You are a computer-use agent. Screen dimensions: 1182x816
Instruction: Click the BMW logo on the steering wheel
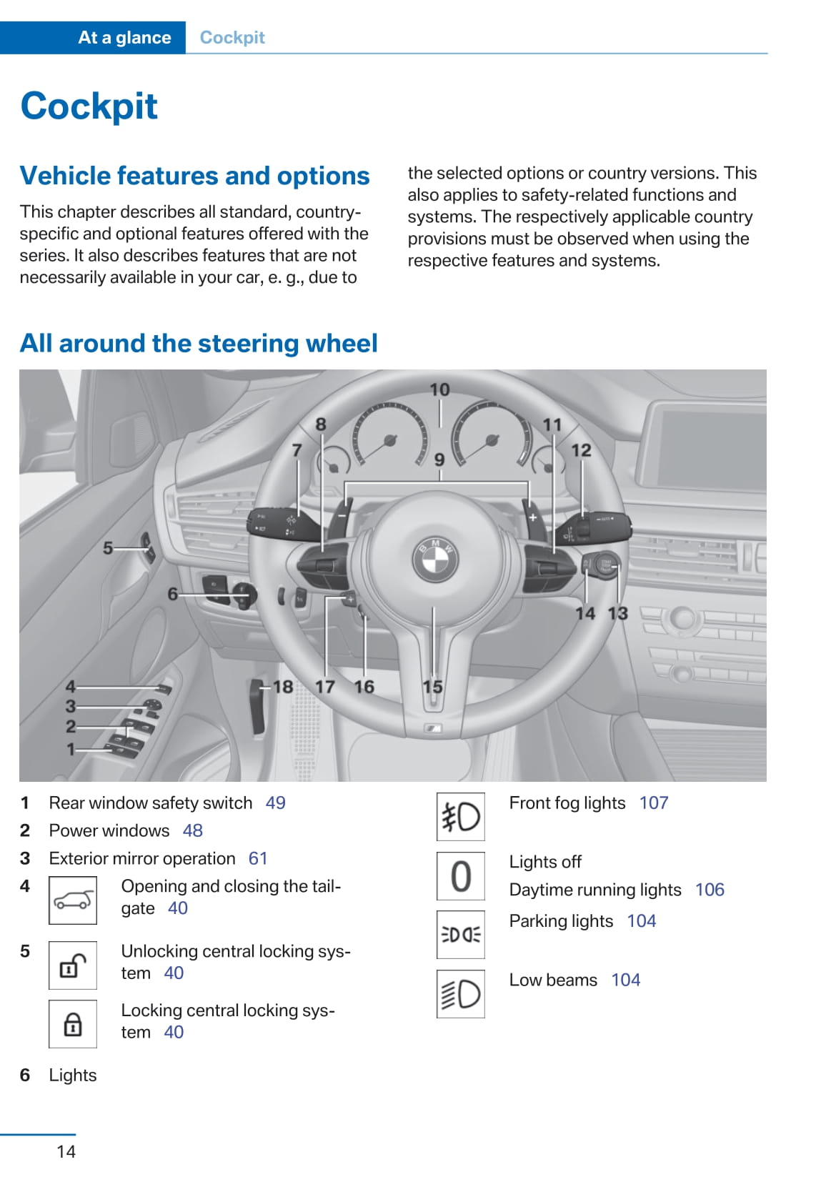pyautogui.click(x=435, y=560)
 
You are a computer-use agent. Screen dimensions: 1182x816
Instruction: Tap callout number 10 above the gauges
pyautogui.click(x=439, y=389)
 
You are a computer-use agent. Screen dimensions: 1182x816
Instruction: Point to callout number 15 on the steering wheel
pyautogui.click(x=432, y=687)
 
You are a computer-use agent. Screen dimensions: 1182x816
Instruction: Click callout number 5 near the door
pyautogui.click(x=108, y=548)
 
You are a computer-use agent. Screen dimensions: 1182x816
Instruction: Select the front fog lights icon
pyautogui.click(x=461, y=817)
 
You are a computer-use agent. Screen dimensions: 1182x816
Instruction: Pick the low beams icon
pyautogui.click(x=461, y=993)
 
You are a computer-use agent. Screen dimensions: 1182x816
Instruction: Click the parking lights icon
pyautogui.click(x=461, y=934)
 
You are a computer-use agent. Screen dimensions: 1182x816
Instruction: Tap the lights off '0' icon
pyautogui.click(x=461, y=876)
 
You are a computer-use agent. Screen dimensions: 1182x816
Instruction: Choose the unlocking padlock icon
pyautogui.click(x=73, y=965)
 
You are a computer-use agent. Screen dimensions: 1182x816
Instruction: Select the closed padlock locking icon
pyautogui.click(x=73, y=1024)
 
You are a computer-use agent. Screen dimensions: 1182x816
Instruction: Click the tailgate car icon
pyautogui.click(x=73, y=900)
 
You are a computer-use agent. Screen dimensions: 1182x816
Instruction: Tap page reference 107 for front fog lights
pyautogui.click(x=654, y=803)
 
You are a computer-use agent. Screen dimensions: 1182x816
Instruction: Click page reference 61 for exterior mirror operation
pyautogui.click(x=258, y=858)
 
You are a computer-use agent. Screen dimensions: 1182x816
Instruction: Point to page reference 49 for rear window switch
pyautogui.click(x=275, y=803)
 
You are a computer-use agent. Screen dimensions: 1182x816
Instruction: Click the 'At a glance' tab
pyautogui.click(x=124, y=38)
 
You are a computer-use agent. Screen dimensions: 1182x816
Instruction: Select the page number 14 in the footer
pyautogui.click(x=66, y=1151)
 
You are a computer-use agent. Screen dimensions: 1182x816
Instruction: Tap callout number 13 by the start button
pyautogui.click(x=617, y=613)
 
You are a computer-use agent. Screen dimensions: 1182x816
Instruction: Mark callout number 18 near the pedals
pyautogui.click(x=283, y=687)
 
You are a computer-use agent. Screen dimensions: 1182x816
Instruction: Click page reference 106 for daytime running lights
pyautogui.click(x=710, y=890)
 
